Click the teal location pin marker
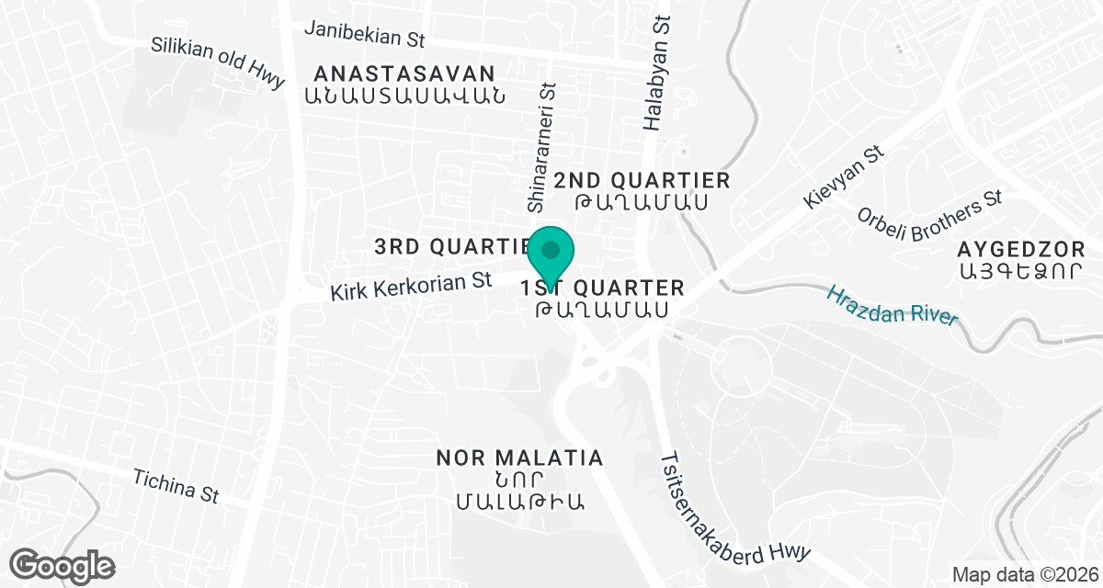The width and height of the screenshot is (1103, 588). click(551, 253)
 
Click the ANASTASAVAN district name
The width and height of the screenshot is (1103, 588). click(404, 73)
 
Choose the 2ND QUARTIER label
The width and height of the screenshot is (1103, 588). click(642, 180)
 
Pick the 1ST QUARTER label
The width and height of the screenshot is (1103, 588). click(603, 288)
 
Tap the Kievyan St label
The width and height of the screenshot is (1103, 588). click(843, 175)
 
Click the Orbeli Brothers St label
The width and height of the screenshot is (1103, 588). click(928, 216)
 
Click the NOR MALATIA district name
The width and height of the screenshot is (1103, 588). click(519, 458)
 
